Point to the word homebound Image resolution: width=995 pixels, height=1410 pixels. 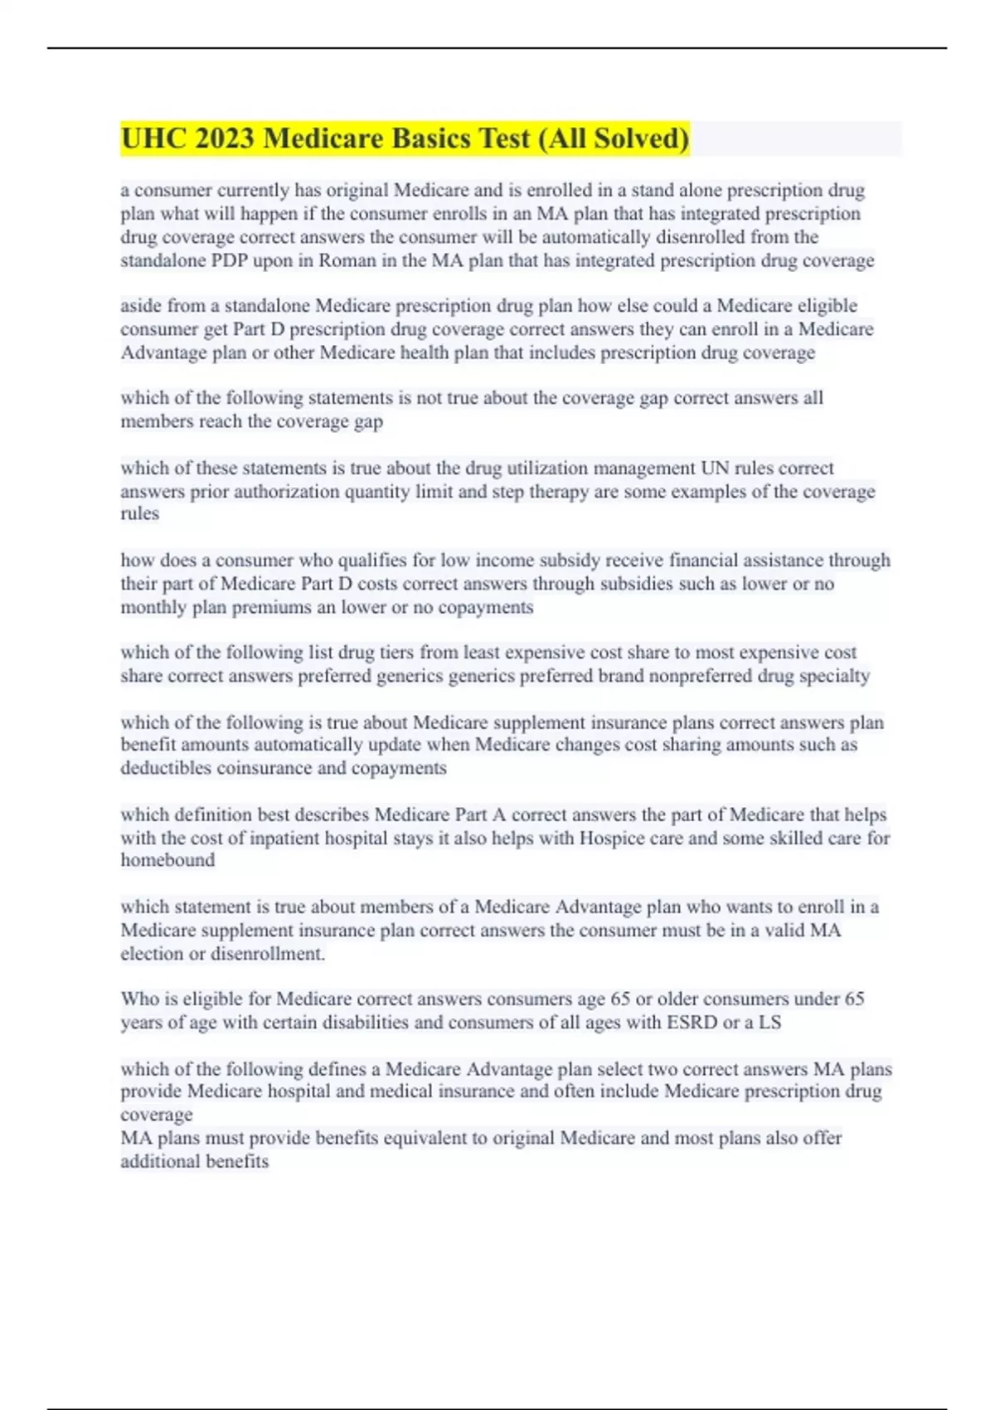[167, 860]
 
